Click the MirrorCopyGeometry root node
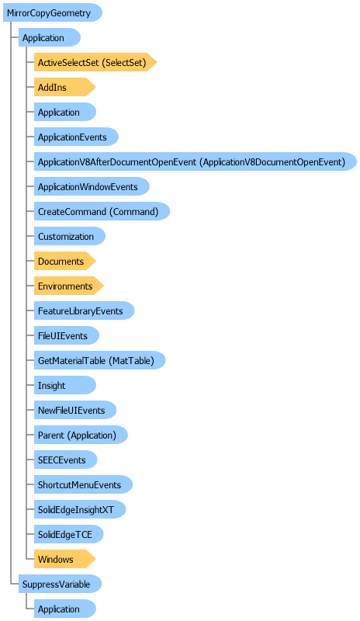coord(53,12)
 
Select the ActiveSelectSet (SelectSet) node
coord(95,62)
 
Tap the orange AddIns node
coord(65,87)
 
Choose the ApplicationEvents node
coord(76,137)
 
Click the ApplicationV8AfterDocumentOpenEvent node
coord(196,161)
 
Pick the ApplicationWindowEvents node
coord(92,186)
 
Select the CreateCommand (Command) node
coord(102,211)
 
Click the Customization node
coord(70,237)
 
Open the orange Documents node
coord(65,262)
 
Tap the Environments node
coord(69,286)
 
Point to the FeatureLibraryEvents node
coord(85,311)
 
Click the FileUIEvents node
coord(67,336)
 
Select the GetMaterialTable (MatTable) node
coord(99,360)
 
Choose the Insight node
coord(65,385)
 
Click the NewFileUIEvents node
coord(75,411)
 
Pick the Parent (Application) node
coord(81,435)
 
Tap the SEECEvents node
coord(65,460)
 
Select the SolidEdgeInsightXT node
coord(80,510)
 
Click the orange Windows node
coord(65,559)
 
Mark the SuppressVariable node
coord(61,585)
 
